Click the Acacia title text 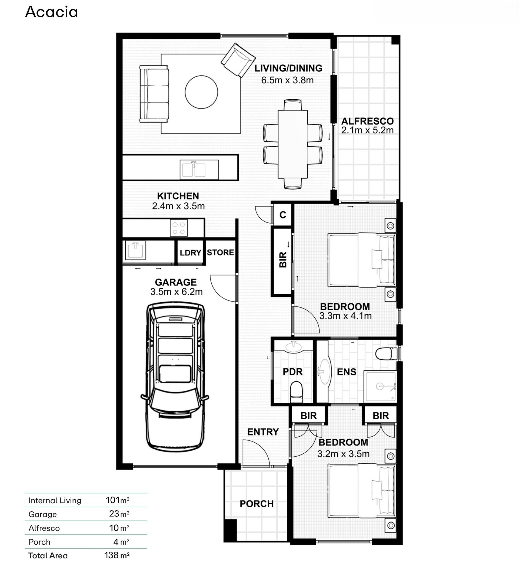coord(51,12)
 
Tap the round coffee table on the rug coord(201,92)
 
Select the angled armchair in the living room coord(238,60)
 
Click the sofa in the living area coord(154,94)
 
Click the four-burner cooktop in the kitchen coord(179,228)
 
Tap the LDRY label coord(190,253)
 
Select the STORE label coord(221,253)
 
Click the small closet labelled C coord(283,215)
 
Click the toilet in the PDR coord(296,392)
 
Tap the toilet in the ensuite coord(386,354)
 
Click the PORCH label coord(257,504)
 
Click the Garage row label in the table coord(43,514)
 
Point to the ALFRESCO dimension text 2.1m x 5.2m coord(367,130)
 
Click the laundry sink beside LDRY coord(136,250)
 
